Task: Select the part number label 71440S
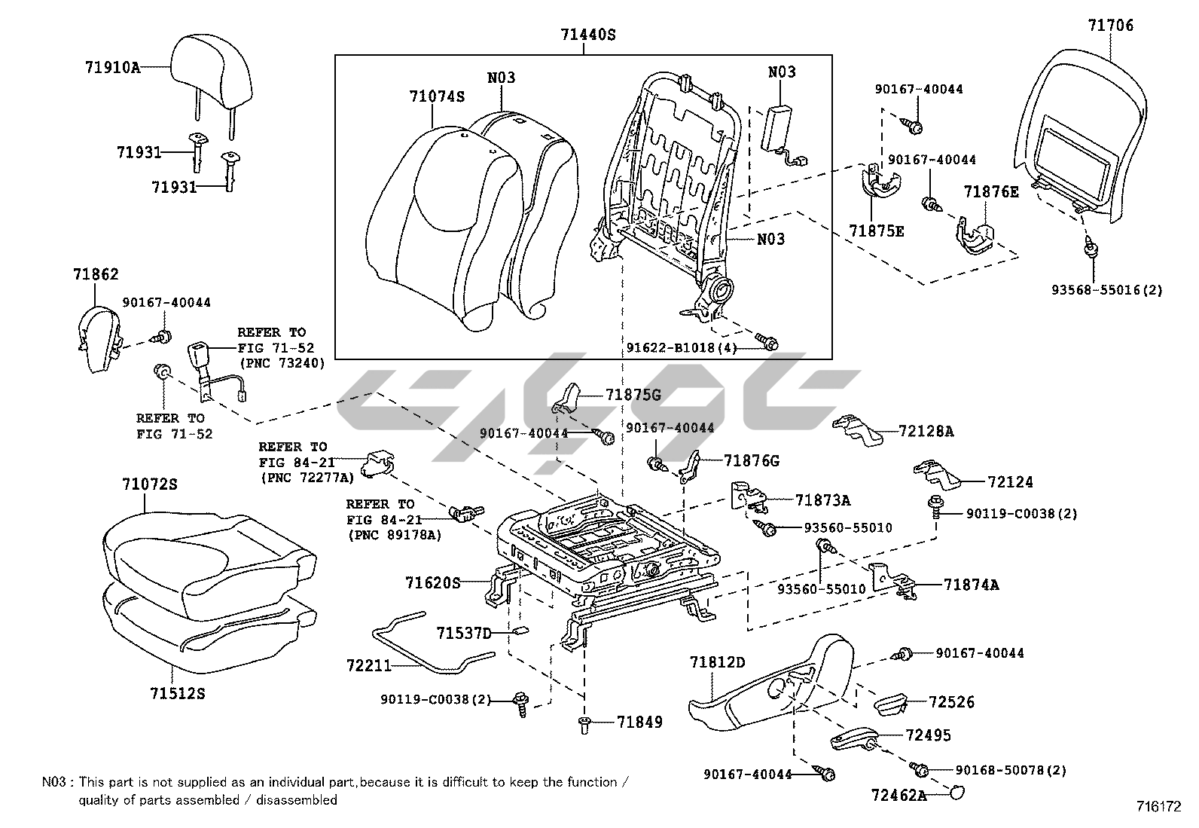point(587,34)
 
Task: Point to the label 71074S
point(437,96)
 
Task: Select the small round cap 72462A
point(957,792)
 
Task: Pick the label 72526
point(951,702)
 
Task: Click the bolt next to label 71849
point(584,724)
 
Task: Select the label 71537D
point(463,633)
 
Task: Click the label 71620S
point(432,582)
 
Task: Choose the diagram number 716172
point(1159,806)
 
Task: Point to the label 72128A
point(926,432)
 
